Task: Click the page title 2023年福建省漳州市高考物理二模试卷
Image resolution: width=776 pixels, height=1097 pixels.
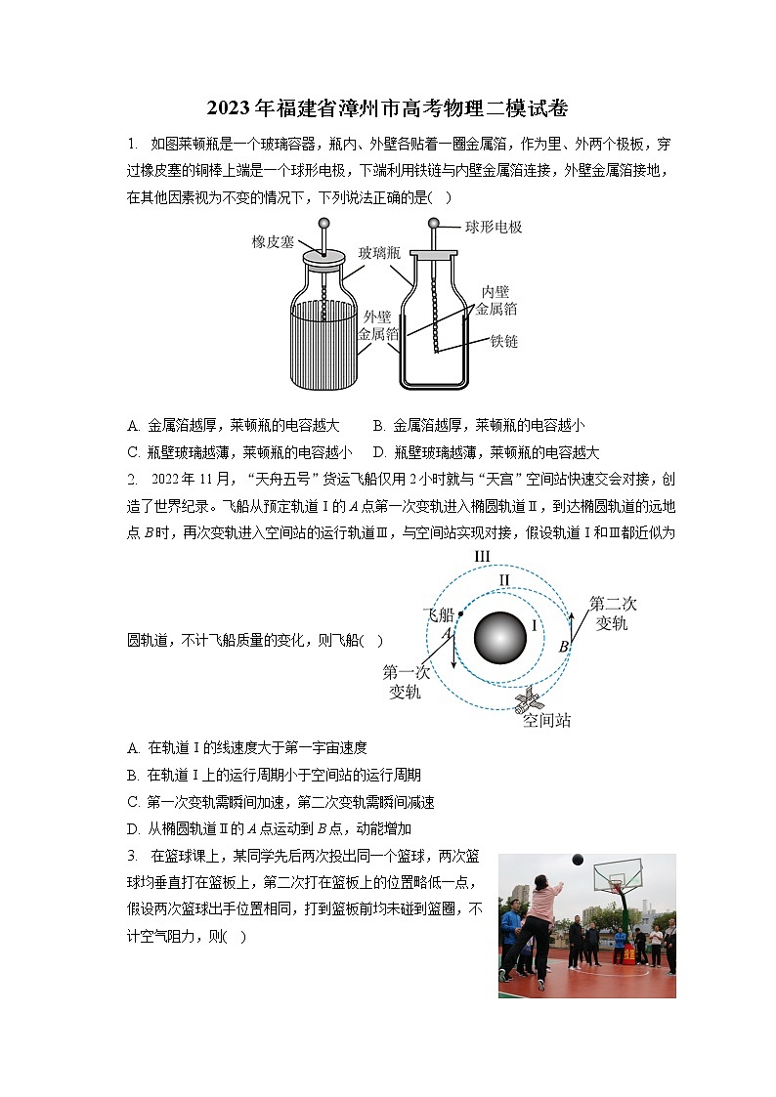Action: (x=388, y=106)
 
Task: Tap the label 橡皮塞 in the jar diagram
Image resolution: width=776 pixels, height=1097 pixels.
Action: (x=273, y=241)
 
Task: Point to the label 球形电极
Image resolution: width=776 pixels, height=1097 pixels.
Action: (x=494, y=227)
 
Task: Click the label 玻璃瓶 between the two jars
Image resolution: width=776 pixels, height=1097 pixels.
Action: (x=379, y=252)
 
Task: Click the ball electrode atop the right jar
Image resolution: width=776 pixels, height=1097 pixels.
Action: (x=434, y=224)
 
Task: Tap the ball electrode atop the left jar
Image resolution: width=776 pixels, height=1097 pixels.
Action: (x=323, y=224)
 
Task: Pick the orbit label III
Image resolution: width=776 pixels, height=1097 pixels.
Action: (x=482, y=557)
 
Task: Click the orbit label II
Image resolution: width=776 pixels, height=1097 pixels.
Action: (x=504, y=580)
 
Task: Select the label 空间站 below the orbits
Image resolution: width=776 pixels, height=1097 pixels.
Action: (x=546, y=721)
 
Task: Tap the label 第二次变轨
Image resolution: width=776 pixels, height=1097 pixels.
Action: (x=613, y=612)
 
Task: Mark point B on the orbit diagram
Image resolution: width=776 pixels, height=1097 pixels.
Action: (x=564, y=647)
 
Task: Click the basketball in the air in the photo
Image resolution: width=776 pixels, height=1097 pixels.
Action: (x=578, y=860)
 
